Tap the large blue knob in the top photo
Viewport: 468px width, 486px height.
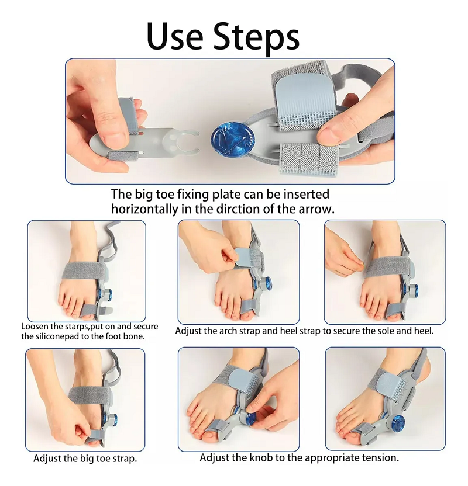[228, 138]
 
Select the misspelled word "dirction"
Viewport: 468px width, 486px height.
[238, 209]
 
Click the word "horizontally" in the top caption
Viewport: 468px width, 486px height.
[145, 210]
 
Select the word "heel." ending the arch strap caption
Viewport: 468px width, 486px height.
[424, 331]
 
